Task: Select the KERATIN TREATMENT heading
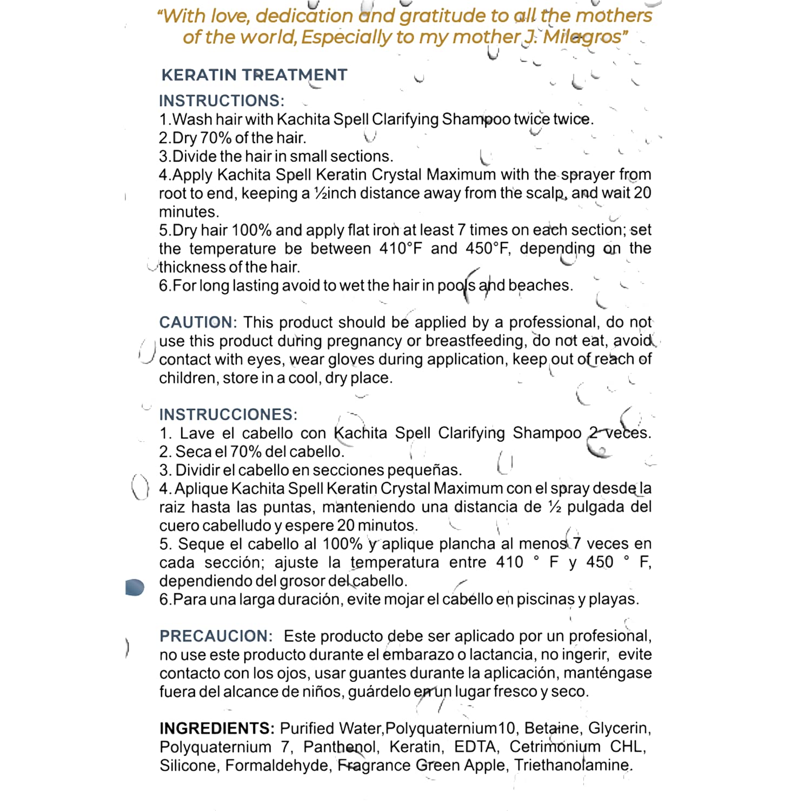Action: [254, 75]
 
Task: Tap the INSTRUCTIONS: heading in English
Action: [221, 101]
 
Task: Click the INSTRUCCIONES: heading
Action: [228, 415]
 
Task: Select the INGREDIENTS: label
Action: [217, 728]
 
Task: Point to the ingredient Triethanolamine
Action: [573, 766]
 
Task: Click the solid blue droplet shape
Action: [135, 587]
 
